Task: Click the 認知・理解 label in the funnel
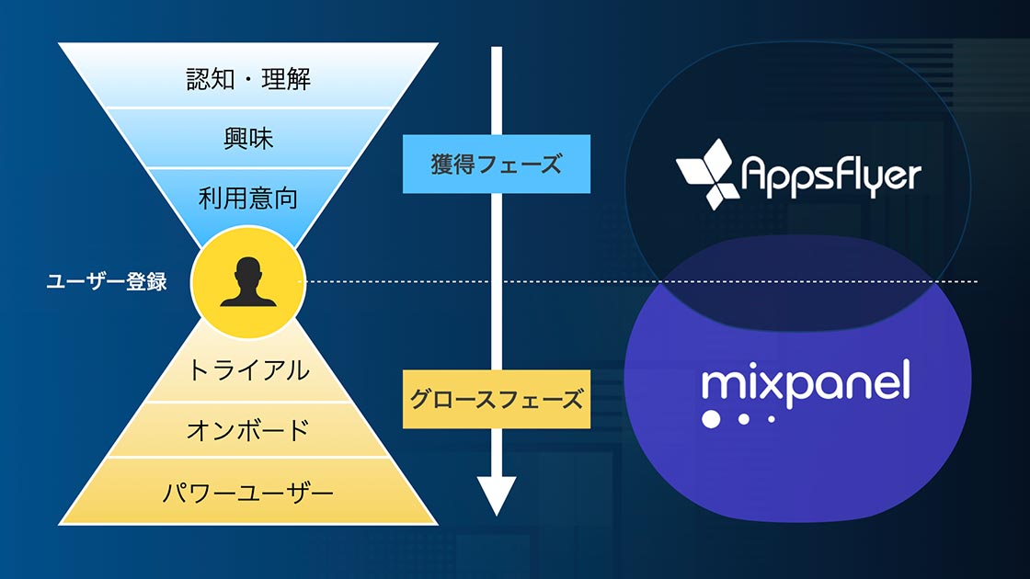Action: pyautogui.click(x=248, y=79)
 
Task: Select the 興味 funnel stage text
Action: pyautogui.click(x=248, y=139)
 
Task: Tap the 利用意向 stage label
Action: pyautogui.click(x=248, y=198)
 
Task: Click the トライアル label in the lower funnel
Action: pyautogui.click(x=248, y=370)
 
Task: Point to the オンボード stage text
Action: pyautogui.click(x=248, y=431)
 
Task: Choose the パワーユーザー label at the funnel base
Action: pyautogui.click(x=248, y=493)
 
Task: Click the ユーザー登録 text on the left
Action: pyautogui.click(x=107, y=281)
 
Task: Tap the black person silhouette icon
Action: pyautogui.click(x=248, y=282)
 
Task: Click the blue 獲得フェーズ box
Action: pyautogui.click(x=497, y=165)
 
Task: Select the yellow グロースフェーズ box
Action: pyautogui.click(x=497, y=399)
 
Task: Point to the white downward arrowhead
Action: pyautogui.click(x=497, y=495)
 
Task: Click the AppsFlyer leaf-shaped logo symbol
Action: pyautogui.click(x=704, y=174)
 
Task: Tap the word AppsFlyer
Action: pyautogui.click(x=831, y=176)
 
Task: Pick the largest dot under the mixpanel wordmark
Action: pyautogui.click(x=711, y=419)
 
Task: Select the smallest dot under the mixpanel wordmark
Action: pyautogui.click(x=772, y=419)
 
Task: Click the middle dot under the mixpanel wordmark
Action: pyautogui.click(x=744, y=419)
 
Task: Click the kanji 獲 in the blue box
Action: pyautogui.click(x=443, y=165)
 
